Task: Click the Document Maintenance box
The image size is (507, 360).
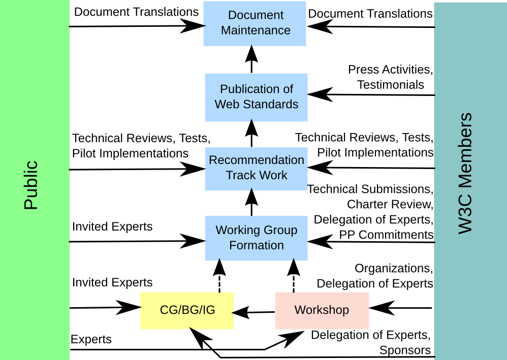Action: point(255,23)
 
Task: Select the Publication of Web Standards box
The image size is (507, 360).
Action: point(256,97)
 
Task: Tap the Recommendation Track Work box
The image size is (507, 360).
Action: point(256,168)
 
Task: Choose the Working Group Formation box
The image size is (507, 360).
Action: point(256,238)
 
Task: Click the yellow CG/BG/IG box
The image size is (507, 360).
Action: point(187,310)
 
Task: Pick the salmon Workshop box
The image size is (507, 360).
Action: point(322,310)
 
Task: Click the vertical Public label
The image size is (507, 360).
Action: point(31,185)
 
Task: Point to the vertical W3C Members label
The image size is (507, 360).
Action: point(465,174)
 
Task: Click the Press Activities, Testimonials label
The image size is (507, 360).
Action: point(390,77)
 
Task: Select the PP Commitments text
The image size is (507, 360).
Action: point(386,235)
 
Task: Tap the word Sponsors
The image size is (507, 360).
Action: point(405,350)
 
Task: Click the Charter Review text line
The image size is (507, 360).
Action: point(390,205)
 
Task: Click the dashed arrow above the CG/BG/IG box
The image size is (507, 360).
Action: point(219,274)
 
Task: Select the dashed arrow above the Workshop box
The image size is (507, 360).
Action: point(294,274)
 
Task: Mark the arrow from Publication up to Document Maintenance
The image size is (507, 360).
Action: point(251,59)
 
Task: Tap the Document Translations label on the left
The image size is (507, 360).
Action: point(136,12)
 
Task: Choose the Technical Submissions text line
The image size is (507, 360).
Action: point(370,189)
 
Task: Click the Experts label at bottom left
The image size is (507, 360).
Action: point(91,339)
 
